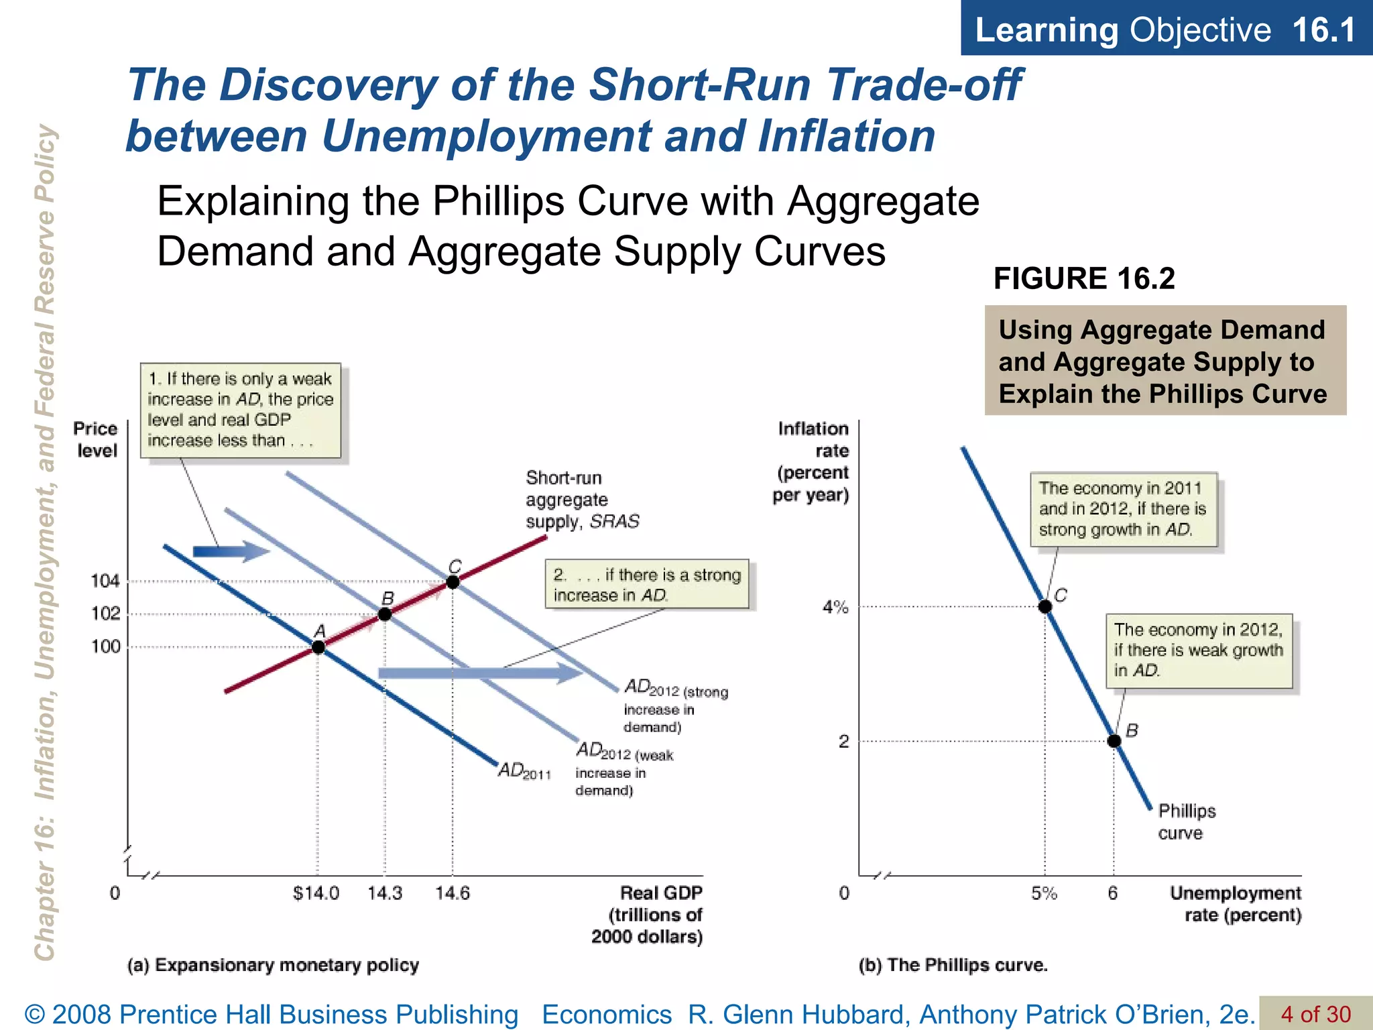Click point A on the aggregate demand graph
pos(318,647)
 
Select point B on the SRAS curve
pos(385,614)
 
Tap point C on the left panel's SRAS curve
pos(453,582)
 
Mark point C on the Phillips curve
pos(1044,606)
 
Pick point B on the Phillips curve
pos(1114,741)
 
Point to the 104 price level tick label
pos(105,581)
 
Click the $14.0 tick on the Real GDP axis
pos(316,893)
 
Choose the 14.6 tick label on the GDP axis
pos(453,893)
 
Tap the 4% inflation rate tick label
pos(835,607)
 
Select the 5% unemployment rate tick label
pos(1044,893)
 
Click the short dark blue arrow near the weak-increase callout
pos(230,551)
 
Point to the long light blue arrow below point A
pos(479,673)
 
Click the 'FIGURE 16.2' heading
pos(1084,278)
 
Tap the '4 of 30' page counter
pos(1315,1013)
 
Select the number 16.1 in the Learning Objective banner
pos(1323,30)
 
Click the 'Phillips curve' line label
pos(1186,821)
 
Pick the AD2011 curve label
pos(524,771)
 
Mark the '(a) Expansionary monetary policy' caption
pos(273,965)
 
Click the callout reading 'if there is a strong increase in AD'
pos(647,585)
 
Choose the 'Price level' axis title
pos(96,439)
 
